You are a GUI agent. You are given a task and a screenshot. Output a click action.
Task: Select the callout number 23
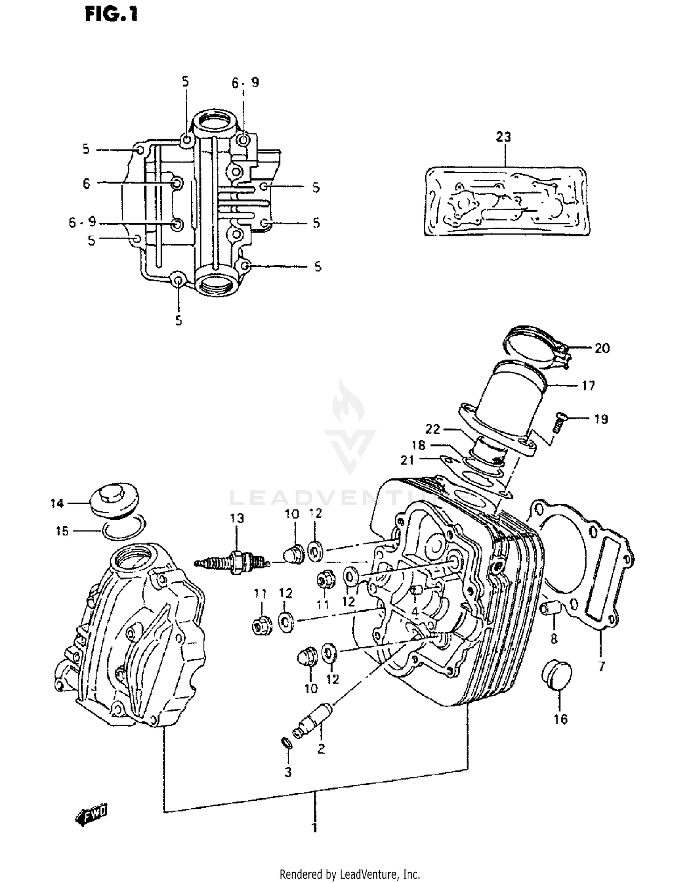[503, 137]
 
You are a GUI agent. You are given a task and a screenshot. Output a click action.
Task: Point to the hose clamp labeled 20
[537, 348]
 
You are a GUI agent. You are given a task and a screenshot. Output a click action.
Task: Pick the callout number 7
[601, 666]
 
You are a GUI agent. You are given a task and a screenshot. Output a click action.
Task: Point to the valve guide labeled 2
[310, 725]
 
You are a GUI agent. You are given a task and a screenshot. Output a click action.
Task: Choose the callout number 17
[588, 385]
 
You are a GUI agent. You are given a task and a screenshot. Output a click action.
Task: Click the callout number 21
[407, 460]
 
